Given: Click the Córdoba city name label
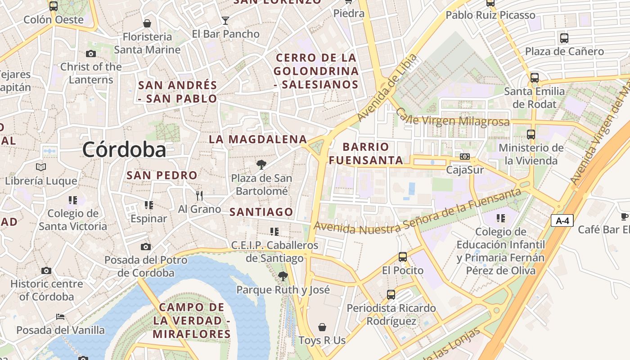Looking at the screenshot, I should click(x=124, y=149).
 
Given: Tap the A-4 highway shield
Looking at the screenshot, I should click(x=562, y=220).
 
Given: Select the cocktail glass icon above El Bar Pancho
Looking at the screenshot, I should click(x=225, y=20).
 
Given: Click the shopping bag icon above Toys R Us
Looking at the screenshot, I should click(x=322, y=327).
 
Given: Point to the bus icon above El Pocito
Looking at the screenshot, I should click(x=403, y=257).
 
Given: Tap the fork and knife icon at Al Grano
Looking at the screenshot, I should click(x=199, y=195).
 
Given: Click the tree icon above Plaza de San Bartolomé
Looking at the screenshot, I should click(x=261, y=165).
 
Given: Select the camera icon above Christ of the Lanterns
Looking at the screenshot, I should click(x=91, y=54).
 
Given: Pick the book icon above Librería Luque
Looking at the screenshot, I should click(x=41, y=167).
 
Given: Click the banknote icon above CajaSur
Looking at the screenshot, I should click(x=465, y=157).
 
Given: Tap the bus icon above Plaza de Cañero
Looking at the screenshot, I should click(x=564, y=38).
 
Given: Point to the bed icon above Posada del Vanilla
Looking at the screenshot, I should click(x=60, y=316).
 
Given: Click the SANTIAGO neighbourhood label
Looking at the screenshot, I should click(x=261, y=212).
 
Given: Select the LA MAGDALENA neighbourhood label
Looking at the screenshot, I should click(x=258, y=139).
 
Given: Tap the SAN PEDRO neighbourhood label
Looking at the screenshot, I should click(x=162, y=175).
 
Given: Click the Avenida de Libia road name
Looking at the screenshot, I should click(x=387, y=88).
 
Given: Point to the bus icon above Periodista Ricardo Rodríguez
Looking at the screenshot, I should click(x=391, y=295).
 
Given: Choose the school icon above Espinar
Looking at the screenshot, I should click(x=149, y=205).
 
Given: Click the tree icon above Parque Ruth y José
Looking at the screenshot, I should click(x=283, y=276).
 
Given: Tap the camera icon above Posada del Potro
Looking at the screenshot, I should click(x=146, y=247).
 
